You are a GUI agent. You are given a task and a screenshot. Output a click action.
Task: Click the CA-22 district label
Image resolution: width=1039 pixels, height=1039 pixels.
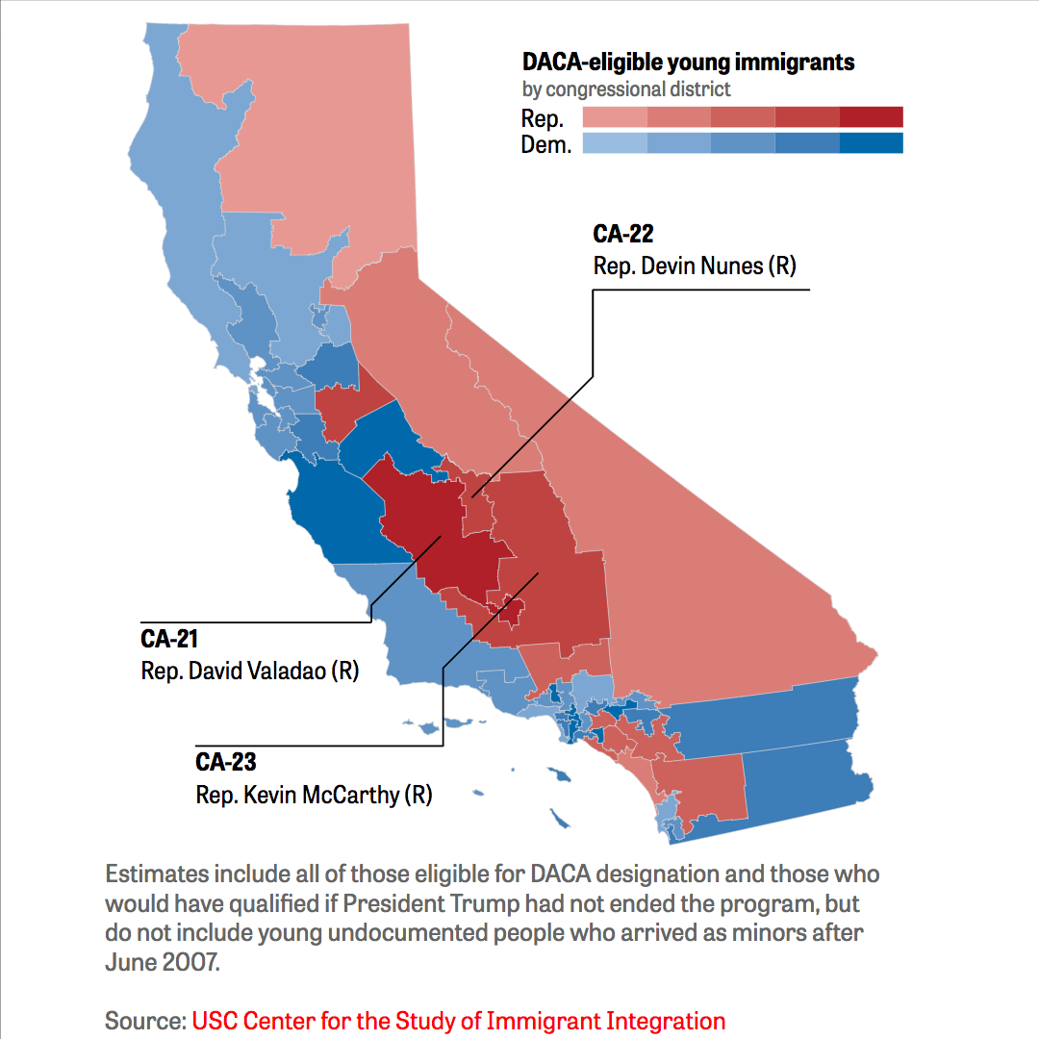click(622, 234)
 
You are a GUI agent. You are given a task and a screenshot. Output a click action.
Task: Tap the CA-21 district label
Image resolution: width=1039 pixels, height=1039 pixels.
click(169, 639)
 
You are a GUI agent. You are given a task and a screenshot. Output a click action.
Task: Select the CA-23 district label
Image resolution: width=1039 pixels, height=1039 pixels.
click(225, 762)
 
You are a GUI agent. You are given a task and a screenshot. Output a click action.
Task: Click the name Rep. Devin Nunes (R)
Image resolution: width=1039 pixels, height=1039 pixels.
click(695, 266)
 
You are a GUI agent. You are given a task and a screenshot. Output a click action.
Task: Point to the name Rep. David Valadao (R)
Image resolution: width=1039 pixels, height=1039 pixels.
click(250, 671)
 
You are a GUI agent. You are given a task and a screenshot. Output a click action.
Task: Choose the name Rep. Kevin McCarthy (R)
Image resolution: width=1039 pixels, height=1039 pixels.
click(314, 795)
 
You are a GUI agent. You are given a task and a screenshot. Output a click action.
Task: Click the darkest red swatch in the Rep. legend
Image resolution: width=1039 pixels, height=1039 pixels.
click(871, 116)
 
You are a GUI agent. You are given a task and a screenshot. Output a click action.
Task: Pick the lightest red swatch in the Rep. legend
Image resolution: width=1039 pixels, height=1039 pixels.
click(615, 116)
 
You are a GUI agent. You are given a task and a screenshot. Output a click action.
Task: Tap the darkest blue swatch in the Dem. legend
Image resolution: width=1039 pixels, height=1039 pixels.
click(871, 143)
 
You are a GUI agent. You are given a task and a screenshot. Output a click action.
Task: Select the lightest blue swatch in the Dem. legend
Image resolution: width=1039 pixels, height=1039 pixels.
click(615, 143)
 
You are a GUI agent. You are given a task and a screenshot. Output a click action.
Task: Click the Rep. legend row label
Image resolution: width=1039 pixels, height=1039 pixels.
click(542, 118)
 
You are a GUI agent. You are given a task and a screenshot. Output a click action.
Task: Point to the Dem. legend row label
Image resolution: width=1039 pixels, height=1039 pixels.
click(546, 144)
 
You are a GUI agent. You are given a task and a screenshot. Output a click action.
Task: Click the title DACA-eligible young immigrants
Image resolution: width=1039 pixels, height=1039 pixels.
click(688, 63)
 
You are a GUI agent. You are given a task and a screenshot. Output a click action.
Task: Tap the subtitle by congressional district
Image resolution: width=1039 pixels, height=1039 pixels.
click(626, 89)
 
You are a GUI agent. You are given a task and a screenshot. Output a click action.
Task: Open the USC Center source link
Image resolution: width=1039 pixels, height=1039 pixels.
click(459, 1021)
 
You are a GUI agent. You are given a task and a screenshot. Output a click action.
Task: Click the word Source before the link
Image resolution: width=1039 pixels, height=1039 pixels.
click(145, 1021)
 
